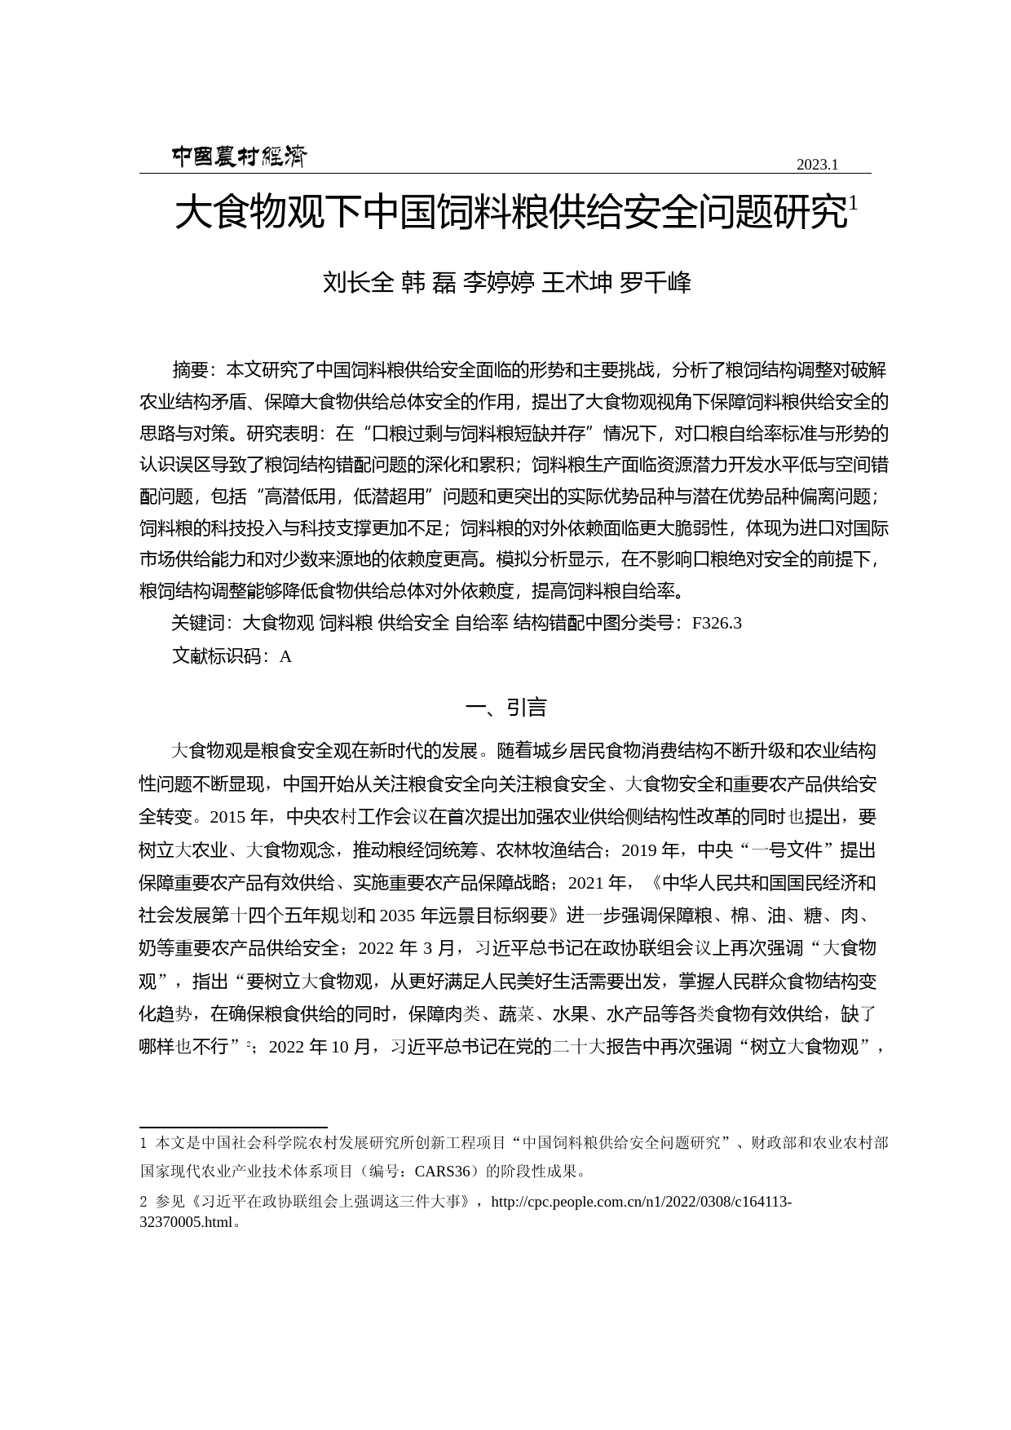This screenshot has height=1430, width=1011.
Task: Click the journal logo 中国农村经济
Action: [x=239, y=157]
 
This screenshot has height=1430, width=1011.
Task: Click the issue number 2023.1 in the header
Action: [x=817, y=165]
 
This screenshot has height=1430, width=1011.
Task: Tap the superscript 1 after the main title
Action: [x=853, y=203]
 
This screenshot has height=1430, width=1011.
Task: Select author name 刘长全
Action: [x=358, y=283]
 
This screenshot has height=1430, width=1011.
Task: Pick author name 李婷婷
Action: [x=498, y=283]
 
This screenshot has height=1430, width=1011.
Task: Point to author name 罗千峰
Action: [x=656, y=283]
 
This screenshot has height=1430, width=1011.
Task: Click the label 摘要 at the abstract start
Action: [x=191, y=370]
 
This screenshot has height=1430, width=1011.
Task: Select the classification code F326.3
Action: [x=717, y=624]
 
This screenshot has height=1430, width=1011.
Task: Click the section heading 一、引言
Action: [x=505, y=708]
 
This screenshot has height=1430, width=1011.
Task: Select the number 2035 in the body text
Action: [x=397, y=916]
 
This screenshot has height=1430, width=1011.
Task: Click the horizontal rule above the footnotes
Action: [x=233, y=1128]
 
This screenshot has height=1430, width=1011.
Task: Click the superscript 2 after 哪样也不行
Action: [x=249, y=1044]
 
